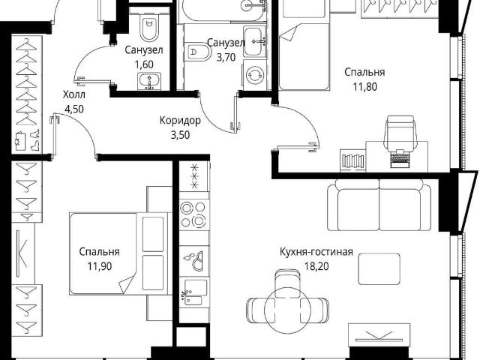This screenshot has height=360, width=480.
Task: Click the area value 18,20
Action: tap(316, 266)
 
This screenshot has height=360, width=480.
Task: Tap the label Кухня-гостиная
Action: tap(316, 252)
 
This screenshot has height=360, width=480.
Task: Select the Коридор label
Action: tap(180, 120)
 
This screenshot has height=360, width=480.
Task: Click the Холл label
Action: tap(74, 94)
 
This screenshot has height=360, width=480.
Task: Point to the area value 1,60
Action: tap(144, 64)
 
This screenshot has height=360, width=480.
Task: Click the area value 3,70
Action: tap(226, 57)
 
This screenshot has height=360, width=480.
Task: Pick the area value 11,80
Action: tap(365, 87)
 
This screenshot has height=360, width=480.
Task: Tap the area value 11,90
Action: tap(100, 266)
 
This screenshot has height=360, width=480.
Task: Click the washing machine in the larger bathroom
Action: tap(255, 75)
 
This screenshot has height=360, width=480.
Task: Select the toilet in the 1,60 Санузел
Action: tap(149, 28)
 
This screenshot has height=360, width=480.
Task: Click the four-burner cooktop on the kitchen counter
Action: tap(193, 214)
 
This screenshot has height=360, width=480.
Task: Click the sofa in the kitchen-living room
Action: tap(379, 205)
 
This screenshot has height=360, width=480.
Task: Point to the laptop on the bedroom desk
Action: tap(402, 158)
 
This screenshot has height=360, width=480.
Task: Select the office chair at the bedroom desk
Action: tap(400, 132)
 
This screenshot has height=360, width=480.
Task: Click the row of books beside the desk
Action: tap(353, 160)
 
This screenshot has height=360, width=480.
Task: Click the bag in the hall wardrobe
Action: tap(20, 141)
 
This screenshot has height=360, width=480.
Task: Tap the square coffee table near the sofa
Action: tap(379, 268)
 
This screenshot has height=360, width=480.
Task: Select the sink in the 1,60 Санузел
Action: tap(149, 81)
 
